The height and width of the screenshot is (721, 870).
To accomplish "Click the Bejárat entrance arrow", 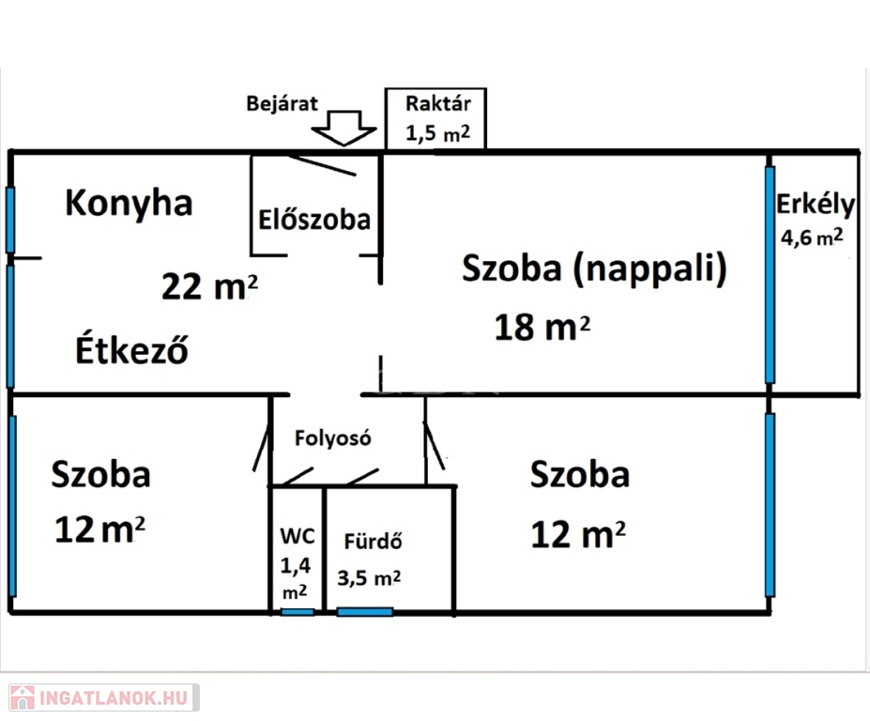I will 342,129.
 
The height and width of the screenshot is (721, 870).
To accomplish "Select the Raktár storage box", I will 435,119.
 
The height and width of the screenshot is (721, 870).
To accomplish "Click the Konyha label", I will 129,203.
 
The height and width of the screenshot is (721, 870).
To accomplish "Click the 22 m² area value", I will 209,286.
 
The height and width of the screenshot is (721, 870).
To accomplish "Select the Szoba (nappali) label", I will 595,269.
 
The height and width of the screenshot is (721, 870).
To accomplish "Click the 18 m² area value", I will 543,328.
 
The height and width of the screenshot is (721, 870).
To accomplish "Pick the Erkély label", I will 816,205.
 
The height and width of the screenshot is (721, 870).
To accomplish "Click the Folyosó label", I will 333,437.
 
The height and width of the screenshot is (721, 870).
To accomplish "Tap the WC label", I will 297,539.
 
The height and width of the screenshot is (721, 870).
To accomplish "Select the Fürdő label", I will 374,542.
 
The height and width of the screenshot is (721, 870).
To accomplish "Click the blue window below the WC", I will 298,612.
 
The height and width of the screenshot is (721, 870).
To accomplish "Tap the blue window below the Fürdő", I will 365,612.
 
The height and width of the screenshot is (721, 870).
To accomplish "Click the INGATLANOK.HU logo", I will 100,698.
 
